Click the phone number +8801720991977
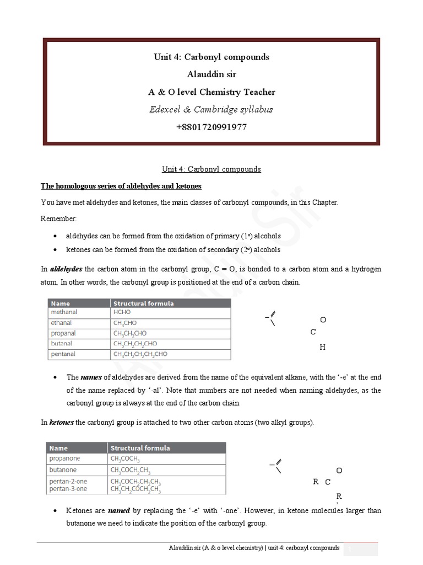(x=211, y=127)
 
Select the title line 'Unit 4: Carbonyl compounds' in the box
(x=211, y=57)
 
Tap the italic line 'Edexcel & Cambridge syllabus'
(x=211, y=109)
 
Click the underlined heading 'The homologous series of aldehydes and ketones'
(x=121, y=186)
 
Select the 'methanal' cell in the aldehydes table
(x=64, y=312)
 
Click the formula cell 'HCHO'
(x=122, y=312)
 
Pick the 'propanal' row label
(x=64, y=333)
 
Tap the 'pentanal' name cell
(x=63, y=354)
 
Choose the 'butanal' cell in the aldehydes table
(x=62, y=344)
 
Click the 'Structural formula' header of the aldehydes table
(x=143, y=303)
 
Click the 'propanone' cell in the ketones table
(x=64, y=459)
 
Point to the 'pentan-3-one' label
(x=68, y=489)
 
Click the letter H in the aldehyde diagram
(x=323, y=348)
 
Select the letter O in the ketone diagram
(x=339, y=471)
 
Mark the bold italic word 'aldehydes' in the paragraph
(x=66, y=269)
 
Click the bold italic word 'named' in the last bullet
(x=119, y=511)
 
